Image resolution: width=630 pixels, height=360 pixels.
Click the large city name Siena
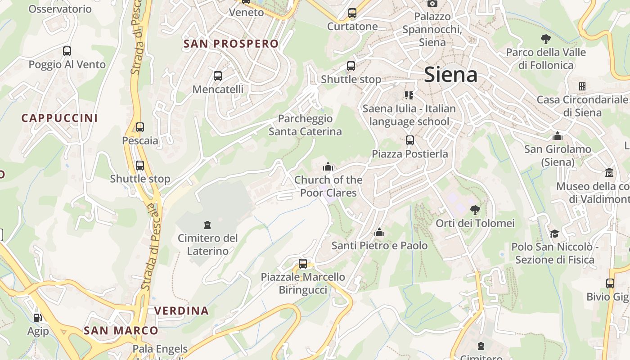450,74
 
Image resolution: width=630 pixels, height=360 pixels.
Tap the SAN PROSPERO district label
231,44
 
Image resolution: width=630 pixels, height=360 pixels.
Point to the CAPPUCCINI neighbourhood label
59,118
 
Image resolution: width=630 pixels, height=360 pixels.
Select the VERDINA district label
181,310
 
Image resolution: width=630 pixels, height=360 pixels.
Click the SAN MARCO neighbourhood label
121,331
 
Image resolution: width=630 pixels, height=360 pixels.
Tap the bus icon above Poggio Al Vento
67,51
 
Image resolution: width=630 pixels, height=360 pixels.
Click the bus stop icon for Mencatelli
218,76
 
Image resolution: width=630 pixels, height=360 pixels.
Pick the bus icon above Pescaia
140,127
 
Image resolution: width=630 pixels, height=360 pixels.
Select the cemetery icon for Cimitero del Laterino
207,225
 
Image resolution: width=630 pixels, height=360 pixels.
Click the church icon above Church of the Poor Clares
328,167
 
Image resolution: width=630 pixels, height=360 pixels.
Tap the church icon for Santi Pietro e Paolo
379,233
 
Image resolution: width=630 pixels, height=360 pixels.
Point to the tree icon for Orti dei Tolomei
475,210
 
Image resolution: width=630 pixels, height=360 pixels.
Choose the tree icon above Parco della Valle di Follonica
546,39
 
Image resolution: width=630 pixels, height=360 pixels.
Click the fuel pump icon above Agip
38,318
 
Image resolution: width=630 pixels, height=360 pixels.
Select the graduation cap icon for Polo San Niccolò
554,234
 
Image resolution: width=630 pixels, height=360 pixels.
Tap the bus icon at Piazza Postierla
409,140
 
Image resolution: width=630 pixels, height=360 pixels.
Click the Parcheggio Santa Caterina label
305,125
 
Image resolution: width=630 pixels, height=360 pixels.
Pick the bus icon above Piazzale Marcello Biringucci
303,264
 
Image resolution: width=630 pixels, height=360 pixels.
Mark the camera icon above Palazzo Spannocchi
432,4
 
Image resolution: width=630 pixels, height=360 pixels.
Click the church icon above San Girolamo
558,136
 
